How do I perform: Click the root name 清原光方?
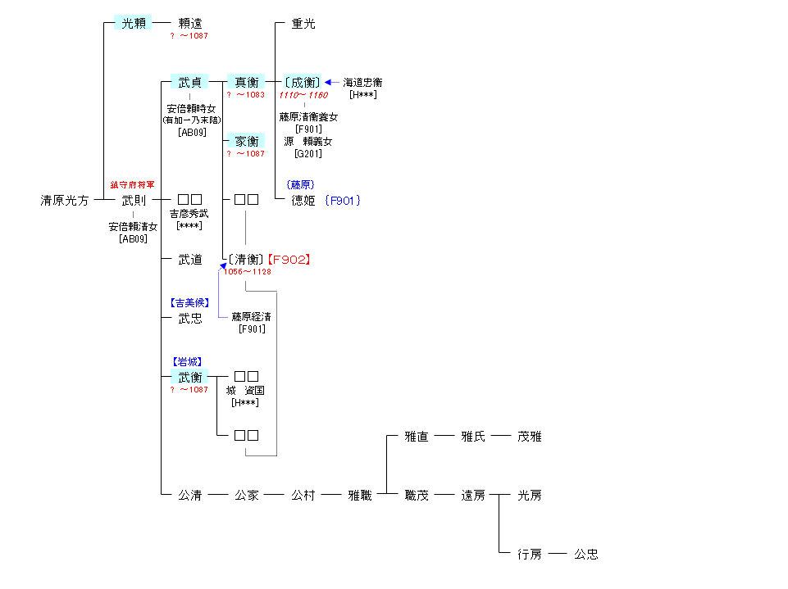(x=65, y=201)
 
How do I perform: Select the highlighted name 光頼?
(x=133, y=24)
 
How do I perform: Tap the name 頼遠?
(x=190, y=24)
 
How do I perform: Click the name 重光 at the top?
(x=303, y=24)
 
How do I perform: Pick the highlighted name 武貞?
(x=190, y=83)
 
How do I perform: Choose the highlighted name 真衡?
(x=247, y=83)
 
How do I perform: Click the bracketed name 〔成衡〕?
(x=303, y=83)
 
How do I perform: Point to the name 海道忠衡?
(x=362, y=83)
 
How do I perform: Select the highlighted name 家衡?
(x=247, y=142)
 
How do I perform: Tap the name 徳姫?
(x=303, y=201)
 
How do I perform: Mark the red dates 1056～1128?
(x=248, y=272)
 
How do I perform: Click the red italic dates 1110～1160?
(x=303, y=95)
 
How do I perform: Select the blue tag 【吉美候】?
(x=190, y=302)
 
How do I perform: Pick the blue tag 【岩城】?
(x=188, y=361)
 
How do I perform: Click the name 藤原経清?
(x=252, y=316)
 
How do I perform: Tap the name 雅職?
(x=360, y=496)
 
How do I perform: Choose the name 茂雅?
(x=530, y=437)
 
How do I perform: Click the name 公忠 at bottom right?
(x=586, y=555)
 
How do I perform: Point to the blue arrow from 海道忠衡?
(x=332, y=83)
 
